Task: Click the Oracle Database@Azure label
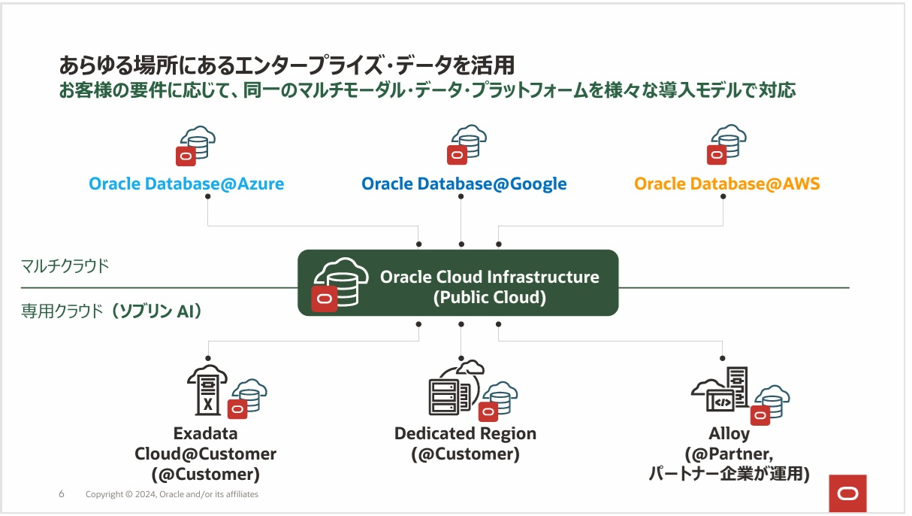click(x=186, y=184)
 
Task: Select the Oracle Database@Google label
click(x=464, y=184)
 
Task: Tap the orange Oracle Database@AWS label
click(x=726, y=184)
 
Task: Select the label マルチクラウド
click(x=65, y=266)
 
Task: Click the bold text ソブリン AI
click(x=156, y=311)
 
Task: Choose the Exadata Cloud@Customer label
click(x=205, y=454)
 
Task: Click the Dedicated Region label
click(x=465, y=434)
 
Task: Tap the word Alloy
click(x=729, y=434)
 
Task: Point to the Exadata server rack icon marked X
click(x=207, y=390)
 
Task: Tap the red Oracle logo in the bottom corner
click(x=848, y=493)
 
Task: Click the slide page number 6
click(x=62, y=494)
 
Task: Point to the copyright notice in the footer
click(x=172, y=494)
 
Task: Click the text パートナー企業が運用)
click(x=729, y=474)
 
